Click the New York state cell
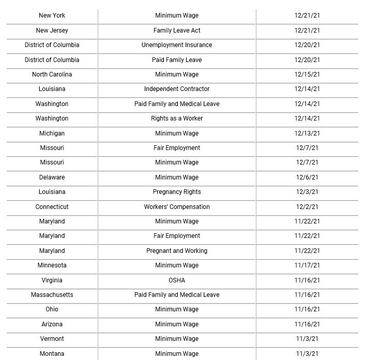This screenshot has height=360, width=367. (x=52, y=16)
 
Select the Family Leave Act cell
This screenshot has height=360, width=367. (x=177, y=31)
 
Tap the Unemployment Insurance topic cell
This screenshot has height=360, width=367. (x=177, y=45)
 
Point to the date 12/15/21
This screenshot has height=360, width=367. (x=307, y=74)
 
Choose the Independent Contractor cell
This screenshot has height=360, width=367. (x=177, y=89)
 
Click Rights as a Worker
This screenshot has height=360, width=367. (x=177, y=118)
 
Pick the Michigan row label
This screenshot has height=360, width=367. (x=52, y=133)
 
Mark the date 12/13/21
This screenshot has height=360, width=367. (x=307, y=133)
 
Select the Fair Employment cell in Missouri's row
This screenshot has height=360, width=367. (x=177, y=148)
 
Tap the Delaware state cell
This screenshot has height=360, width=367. (x=52, y=177)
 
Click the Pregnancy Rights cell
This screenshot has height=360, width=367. (x=177, y=192)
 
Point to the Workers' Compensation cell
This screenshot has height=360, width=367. (x=177, y=207)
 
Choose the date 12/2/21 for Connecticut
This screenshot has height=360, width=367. (x=307, y=207)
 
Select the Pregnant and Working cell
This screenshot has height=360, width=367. (x=177, y=251)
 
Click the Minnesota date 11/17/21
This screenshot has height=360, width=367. (x=307, y=265)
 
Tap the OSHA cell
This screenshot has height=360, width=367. (x=177, y=280)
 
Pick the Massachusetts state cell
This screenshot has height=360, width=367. (x=52, y=295)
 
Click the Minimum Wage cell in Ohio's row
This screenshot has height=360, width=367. (x=177, y=309)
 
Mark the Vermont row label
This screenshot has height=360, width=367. (x=52, y=339)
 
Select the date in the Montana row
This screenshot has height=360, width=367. (x=307, y=354)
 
